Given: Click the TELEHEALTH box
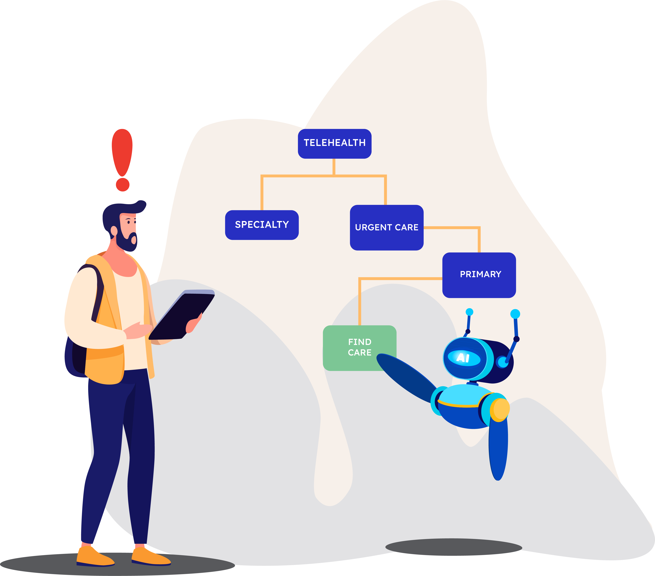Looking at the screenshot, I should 335,144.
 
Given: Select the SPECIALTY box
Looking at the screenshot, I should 262,225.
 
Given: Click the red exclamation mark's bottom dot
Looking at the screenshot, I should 122,185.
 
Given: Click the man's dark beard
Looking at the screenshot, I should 127,242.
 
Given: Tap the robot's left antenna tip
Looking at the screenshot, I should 470,312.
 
